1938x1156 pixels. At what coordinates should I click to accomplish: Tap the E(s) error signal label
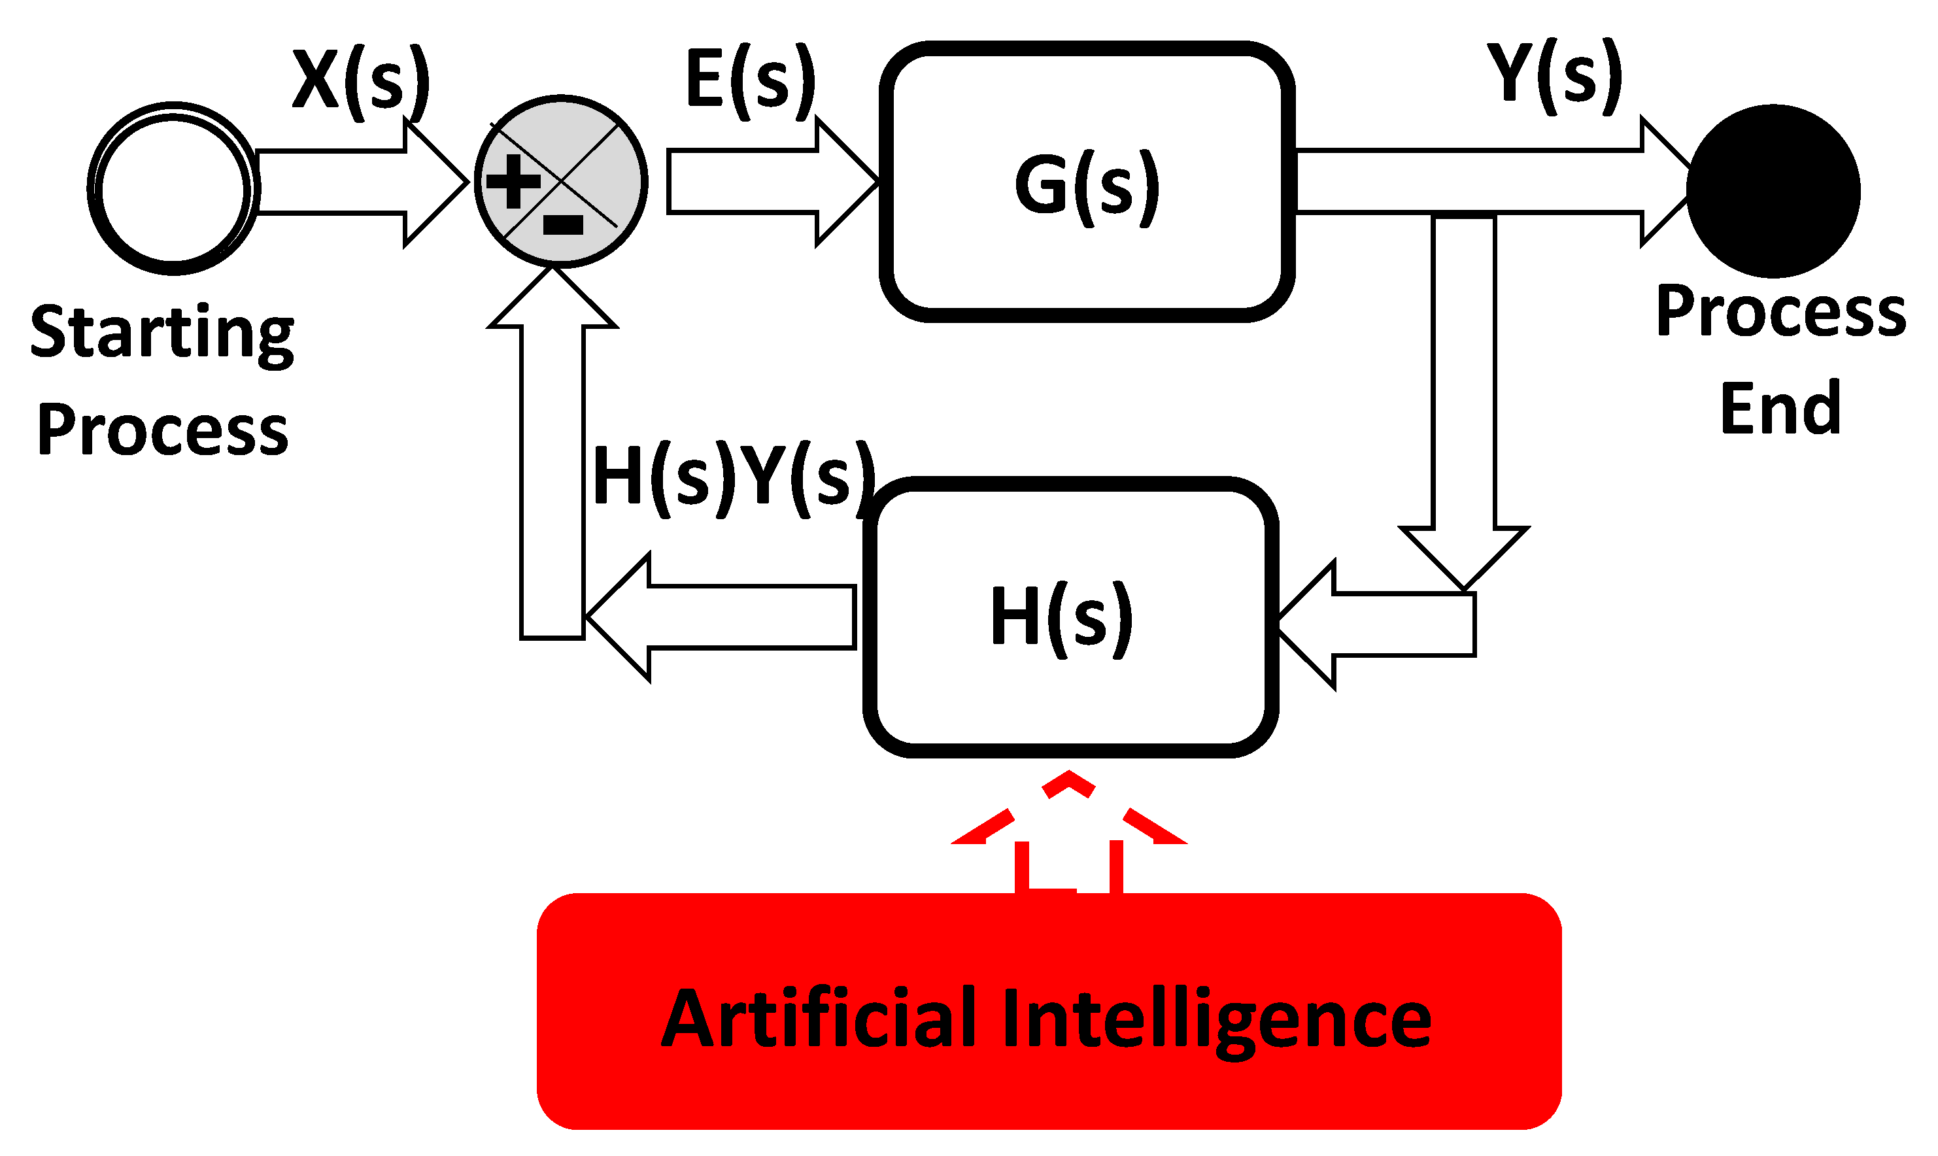[x=750, y=80]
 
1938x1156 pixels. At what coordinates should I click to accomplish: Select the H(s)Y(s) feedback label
[x=733, y=477]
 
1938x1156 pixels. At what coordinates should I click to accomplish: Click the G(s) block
[x=1087, y=182]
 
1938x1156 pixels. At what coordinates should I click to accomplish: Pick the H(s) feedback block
[x=1070, y=616]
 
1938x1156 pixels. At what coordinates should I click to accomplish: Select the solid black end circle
[x=1773, y=191]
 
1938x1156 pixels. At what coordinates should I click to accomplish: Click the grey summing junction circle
[x=561, y=182]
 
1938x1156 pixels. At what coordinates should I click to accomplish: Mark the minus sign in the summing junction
[x=562, y=225]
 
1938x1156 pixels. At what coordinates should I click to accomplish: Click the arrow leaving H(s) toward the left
[x=724, y=616]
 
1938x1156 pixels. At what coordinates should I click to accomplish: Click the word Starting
[x=162, y=333]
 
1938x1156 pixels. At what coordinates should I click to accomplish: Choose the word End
[x=1780, y=408]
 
